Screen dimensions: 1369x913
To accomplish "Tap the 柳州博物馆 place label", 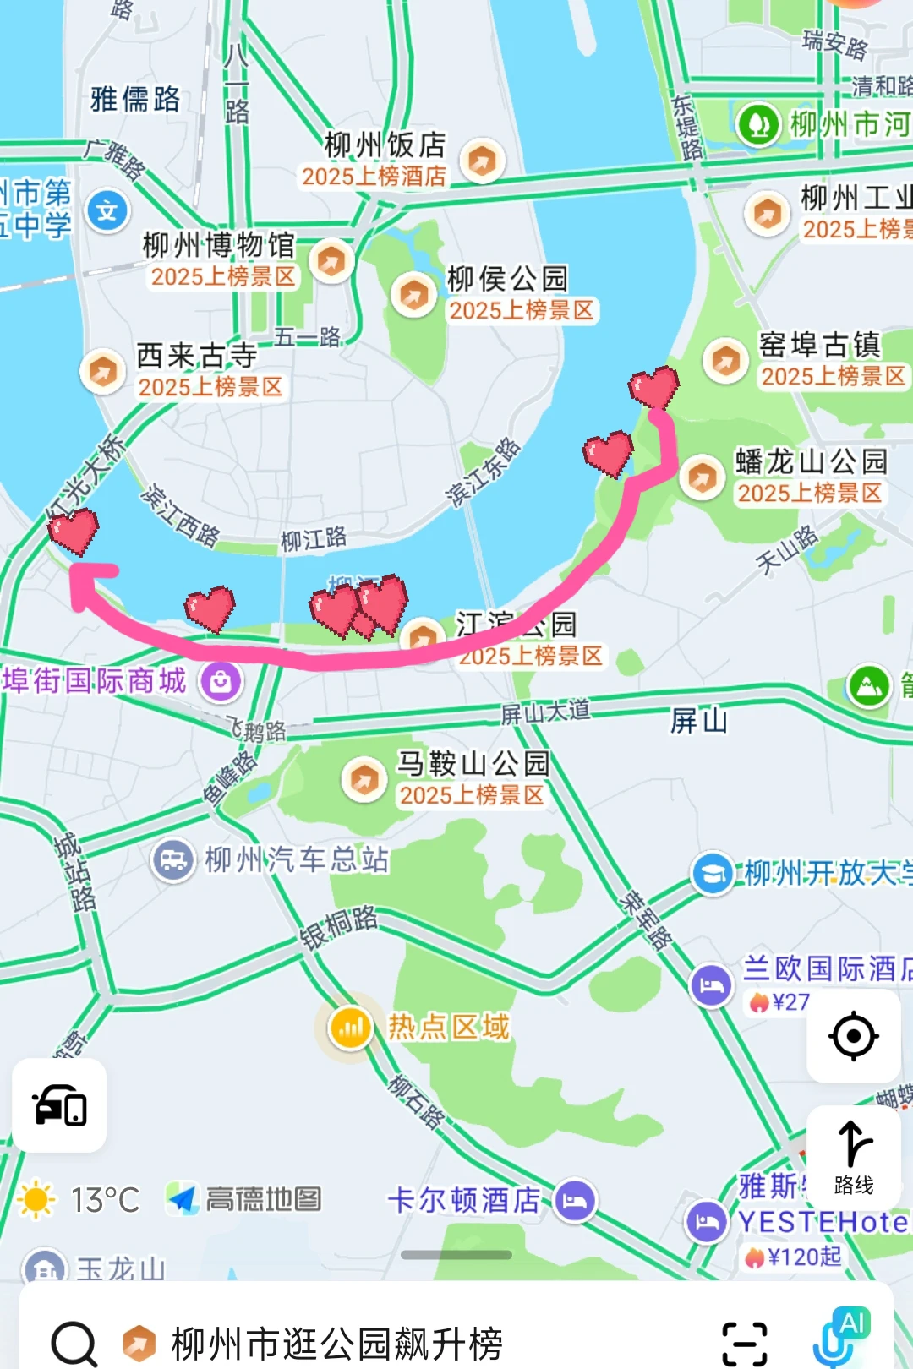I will click(218, 246).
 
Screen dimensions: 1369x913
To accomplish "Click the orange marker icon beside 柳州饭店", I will click(483, 160).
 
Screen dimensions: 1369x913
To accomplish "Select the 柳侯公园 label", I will click(507, 279).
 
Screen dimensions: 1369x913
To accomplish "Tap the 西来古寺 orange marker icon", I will click(102, 371).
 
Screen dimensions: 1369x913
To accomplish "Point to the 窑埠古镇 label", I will click(819, 345).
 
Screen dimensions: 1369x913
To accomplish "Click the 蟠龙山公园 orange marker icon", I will click(701, 477).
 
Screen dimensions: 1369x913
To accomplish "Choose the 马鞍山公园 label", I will click(473, 763).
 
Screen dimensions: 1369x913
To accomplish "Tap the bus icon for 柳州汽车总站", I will click(173, 860).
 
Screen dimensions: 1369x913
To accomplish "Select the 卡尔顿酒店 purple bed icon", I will click(575, 1200).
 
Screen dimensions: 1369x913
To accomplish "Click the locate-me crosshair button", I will click(853, 1035).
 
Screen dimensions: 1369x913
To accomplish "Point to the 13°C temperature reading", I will click(105, 1199).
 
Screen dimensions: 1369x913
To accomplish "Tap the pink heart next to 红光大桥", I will click(74, 531).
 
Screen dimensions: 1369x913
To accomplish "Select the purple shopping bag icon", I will click(221, 681).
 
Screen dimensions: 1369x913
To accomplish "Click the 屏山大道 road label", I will click(545, 712).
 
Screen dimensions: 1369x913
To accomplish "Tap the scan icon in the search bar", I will click(745, 1343).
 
